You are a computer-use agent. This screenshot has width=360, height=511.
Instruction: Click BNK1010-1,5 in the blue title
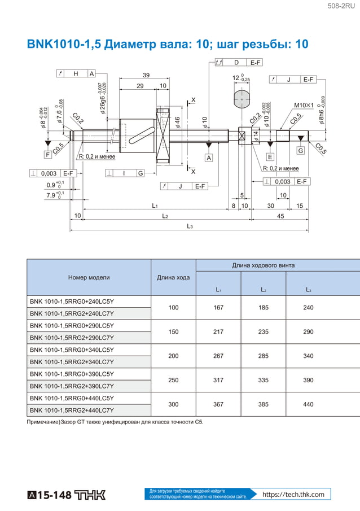click(63, 44)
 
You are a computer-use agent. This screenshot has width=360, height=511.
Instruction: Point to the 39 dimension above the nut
click(146, 76)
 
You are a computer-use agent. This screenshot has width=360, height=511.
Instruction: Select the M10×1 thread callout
click(304, 105)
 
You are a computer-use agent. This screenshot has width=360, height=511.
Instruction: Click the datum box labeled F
click(47, 154)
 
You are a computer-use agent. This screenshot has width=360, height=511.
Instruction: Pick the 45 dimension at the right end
click(280, 216)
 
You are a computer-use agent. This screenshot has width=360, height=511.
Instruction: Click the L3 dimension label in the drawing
click(190, 226)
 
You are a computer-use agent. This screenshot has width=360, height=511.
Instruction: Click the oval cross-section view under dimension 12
click(242, 99)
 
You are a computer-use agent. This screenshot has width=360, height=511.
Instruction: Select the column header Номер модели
click(89, 277)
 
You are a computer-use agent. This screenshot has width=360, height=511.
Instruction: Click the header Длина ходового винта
click(263, 265)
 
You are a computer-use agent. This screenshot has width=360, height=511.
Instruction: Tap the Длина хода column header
click(173, 277)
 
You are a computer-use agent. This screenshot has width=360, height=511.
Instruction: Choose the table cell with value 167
click(218, 308)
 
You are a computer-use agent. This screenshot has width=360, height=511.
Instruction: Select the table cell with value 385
click(263, 404)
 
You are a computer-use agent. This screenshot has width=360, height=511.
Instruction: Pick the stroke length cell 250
click(173, 380)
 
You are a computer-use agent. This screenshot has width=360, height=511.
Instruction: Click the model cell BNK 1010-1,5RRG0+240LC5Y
click(72, 302)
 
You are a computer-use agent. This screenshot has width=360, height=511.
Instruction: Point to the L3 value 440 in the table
click(308, 404)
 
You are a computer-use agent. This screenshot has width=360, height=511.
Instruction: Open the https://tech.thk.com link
click(293, 495)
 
